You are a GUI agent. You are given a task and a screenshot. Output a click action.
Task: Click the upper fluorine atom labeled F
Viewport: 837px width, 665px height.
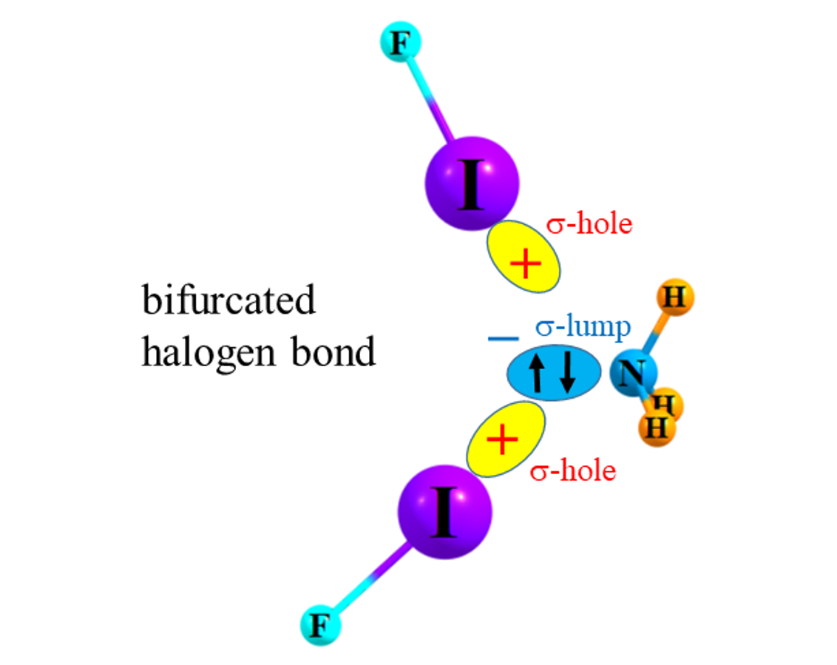click(x=399, y=44)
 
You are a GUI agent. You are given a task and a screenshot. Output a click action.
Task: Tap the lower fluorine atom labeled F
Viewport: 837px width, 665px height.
click(x=320, y=625)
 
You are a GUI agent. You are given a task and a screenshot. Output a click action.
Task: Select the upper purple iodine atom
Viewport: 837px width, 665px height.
click(x=471, y=183)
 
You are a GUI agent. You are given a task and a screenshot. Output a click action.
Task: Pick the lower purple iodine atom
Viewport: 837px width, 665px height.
click(x=444, y=511)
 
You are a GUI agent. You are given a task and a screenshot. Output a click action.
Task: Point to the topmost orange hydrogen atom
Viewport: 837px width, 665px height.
click(x=674, y=298)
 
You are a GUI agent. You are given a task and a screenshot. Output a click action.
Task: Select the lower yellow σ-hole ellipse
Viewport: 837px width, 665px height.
click(x=506, y=439)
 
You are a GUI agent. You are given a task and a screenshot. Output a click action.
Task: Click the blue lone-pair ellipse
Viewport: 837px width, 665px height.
click(x=554, y=374)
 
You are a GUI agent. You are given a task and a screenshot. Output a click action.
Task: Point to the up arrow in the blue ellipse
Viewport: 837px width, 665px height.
click(x=541, y=374)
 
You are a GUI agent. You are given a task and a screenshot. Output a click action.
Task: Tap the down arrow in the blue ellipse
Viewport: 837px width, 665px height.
click(x=567, y=374)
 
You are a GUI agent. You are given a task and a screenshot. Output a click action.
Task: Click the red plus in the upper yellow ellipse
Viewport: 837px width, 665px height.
click(x=526, y=264)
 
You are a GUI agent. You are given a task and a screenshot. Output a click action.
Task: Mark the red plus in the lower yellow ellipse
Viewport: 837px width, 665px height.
click(x=503, y=441)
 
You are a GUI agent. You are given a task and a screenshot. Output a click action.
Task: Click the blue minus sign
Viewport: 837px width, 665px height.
click(x=503, y=339)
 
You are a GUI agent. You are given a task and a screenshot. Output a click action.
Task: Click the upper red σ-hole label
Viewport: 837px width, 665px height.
click(x=589, y=223)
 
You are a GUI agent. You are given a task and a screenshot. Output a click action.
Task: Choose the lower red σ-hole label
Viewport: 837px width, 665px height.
click(x=573, y=470)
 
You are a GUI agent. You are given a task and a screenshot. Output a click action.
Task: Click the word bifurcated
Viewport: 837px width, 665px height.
click(x=228, y=301)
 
